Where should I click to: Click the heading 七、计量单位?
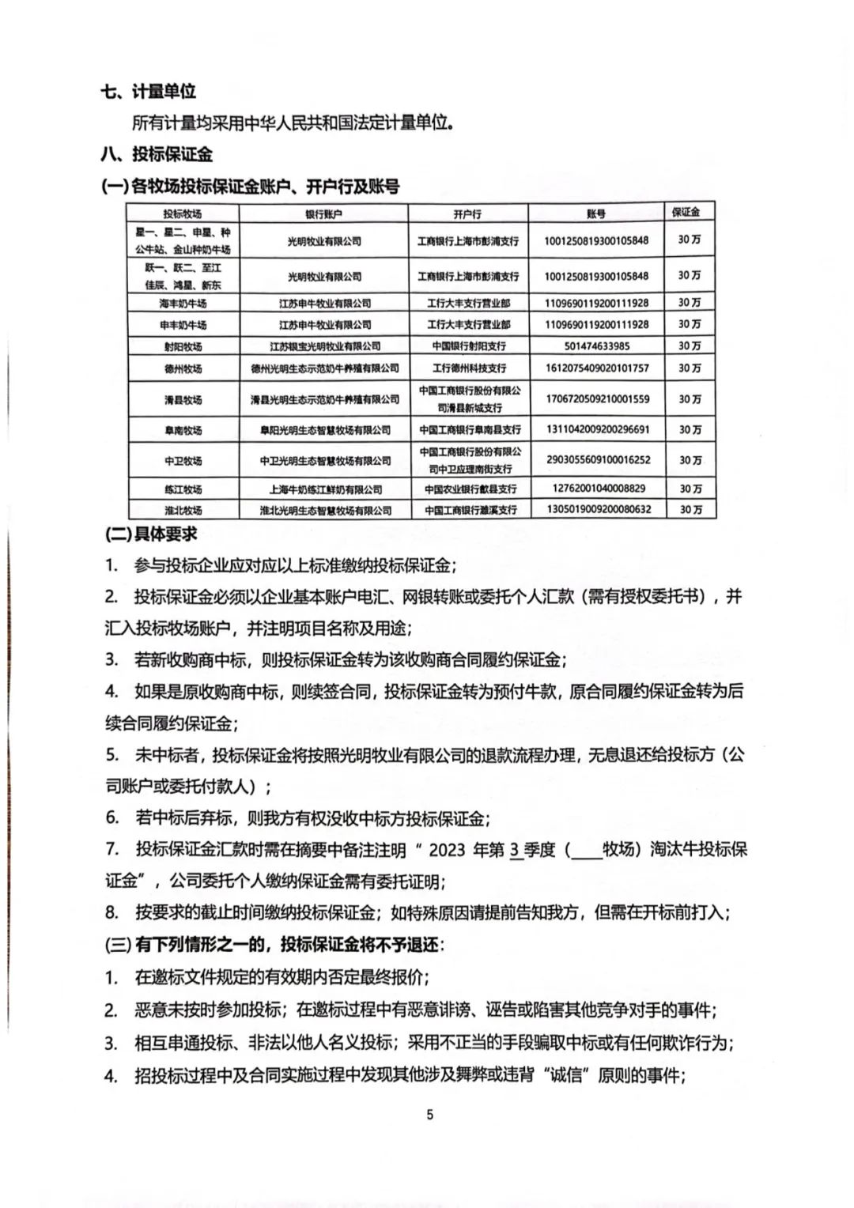(149, 92)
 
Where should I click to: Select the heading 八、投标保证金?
(157, 154)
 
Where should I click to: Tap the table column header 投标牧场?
(183, 214)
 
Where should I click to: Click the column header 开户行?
(468, 214)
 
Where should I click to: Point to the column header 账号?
(596, 214)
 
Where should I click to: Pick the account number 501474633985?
(597, 346)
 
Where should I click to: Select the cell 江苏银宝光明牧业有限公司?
(324, 346)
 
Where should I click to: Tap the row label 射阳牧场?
(183, 346)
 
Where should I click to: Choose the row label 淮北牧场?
(183, 510)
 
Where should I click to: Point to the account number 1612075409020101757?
(597, 368)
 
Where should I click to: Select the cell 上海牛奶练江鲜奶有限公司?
(324, 489)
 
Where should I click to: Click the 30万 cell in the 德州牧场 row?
(690, 368)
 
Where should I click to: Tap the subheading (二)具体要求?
(150, 534)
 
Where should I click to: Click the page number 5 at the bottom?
(430, 1116)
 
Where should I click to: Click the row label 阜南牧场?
(183, 430)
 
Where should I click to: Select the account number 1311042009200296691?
(597, 430)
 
